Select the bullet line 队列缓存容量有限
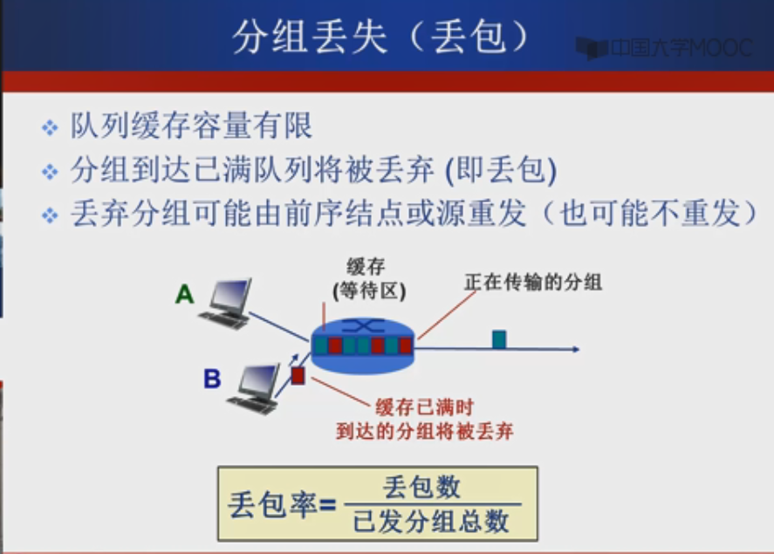pos(191,127)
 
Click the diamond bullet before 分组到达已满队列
pos(50,172)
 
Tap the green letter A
pos(184,295)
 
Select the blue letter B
pos(212,379)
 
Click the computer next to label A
pos(228,302)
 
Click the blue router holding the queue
pos(363,342)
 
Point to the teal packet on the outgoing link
pos(499,339)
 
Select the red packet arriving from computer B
pos(298,375)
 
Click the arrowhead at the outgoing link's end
pos(574,349)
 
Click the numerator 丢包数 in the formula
pos(421,487)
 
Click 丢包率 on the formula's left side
pos(271,504)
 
